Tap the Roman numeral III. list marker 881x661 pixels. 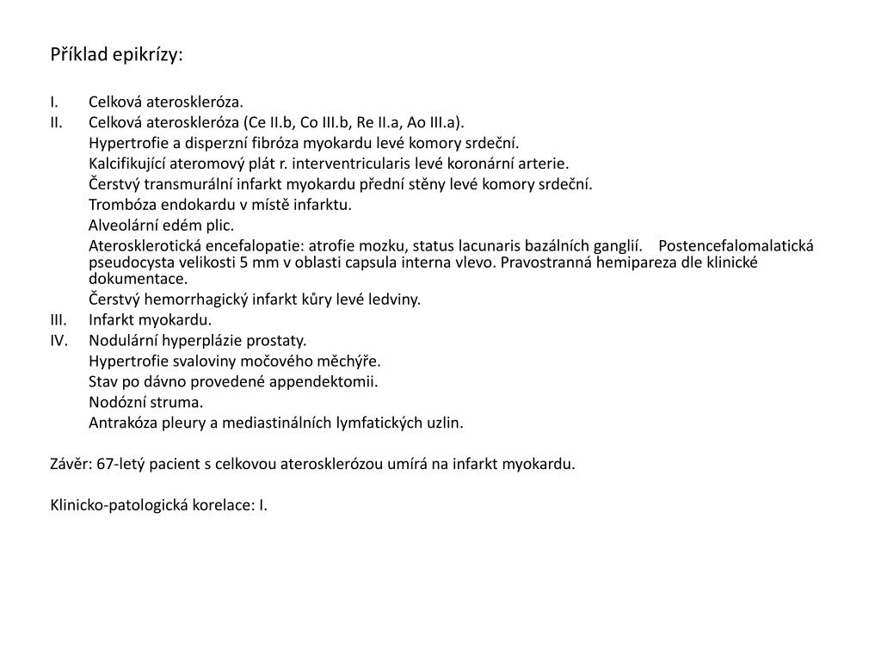(x=59, y=320)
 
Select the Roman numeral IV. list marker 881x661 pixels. (x=59, y=340)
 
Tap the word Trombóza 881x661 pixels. (x=120, y=205)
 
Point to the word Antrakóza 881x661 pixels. (x=121, y=423)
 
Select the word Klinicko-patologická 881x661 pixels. (x=120, y=505)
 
